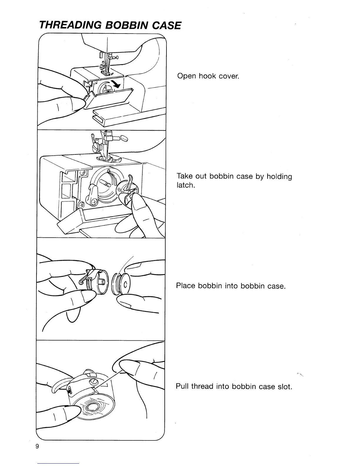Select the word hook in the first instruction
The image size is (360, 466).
point(207,76)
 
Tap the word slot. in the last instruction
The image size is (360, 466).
point(283,386)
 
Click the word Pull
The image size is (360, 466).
point(182,386)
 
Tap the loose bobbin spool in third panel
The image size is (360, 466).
point(121,285)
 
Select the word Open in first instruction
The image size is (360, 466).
point(186,76)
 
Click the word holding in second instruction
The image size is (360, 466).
point(279,177)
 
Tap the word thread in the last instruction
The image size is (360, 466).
point(203,386)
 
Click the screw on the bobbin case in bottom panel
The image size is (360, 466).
point(94,382)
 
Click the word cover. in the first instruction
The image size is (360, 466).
point(229,76)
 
